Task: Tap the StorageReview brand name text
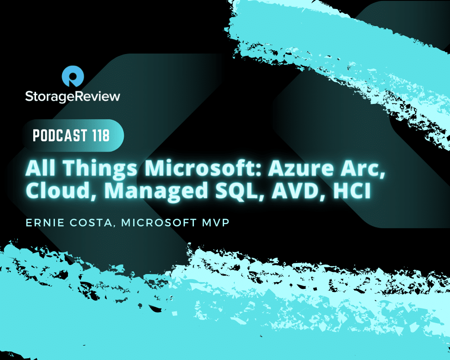[72, 96]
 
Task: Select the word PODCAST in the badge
[60, 135]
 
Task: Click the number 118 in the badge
[101, 135]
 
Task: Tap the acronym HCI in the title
[352, 190]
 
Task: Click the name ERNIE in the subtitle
[45, 223]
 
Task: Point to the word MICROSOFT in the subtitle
[159, 223]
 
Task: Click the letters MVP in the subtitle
[216, 223]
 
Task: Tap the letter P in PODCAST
[36, 135]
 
